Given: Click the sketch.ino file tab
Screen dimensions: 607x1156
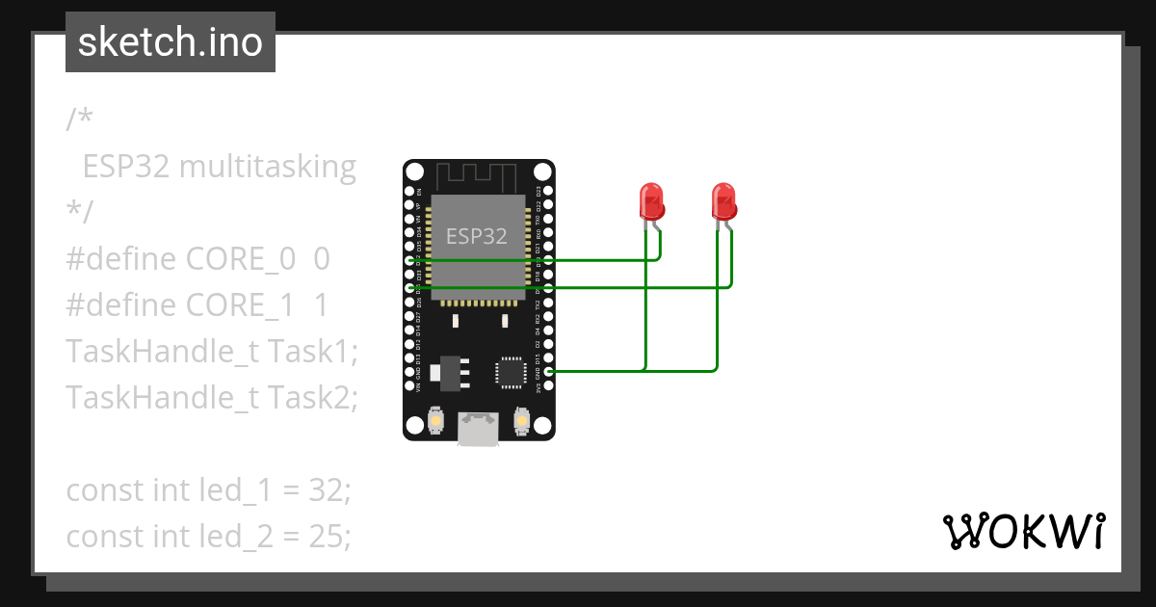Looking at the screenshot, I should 171,42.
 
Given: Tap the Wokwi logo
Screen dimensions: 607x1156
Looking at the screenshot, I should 1023,531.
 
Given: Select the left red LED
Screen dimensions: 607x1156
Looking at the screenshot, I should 652,203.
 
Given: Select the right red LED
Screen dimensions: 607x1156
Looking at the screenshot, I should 724,203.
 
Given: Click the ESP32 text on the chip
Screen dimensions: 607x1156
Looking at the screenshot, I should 476,236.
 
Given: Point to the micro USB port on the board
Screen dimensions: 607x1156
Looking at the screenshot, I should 479,429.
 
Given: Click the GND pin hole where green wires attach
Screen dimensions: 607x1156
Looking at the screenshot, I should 548,371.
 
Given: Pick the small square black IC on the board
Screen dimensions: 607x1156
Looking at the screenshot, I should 510,372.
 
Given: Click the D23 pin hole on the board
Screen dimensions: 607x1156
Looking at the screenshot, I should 548,192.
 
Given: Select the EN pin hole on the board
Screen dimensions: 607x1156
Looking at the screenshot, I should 409,192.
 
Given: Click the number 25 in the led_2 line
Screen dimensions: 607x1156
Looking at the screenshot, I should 328,536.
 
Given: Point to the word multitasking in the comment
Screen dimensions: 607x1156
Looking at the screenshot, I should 268,167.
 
